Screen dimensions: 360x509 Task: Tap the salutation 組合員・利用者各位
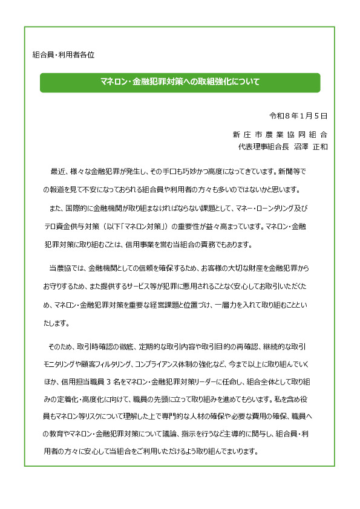[x=63, y=54]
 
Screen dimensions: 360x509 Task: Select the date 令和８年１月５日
[x=298, y=115]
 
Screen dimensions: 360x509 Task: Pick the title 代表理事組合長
[x=263, y=146]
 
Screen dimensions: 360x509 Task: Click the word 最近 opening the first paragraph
[x=57, y=171]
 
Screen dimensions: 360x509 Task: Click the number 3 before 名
[x=108, y=382]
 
